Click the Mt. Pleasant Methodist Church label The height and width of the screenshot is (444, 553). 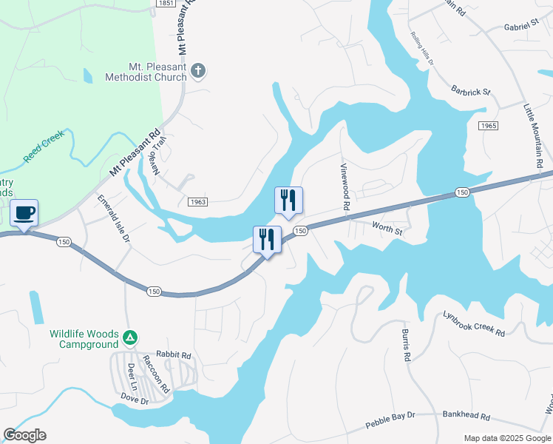tap(146, 71)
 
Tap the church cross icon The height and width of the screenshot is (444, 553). tap(197, 71)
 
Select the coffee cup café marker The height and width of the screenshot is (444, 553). tap(24, 213)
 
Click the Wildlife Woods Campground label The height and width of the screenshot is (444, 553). tap(84, 339)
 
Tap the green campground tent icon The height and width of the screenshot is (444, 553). tap(130, 338)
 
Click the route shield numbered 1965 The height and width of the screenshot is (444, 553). tap(488, 127)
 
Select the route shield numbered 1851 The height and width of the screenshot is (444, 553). tap(166, 4)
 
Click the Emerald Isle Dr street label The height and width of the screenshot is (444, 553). tap(114, 219)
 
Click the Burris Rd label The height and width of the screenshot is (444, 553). tap(406, 345)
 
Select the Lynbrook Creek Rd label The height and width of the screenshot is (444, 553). tap(474, 324)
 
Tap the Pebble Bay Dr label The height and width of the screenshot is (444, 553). tap(390, 421)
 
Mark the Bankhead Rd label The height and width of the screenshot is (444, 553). tap(466, 415)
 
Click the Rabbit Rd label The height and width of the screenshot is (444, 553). tap(174, 354)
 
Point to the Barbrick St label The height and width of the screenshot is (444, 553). tap(471, 92)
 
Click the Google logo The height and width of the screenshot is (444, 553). tap(24, 435)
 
